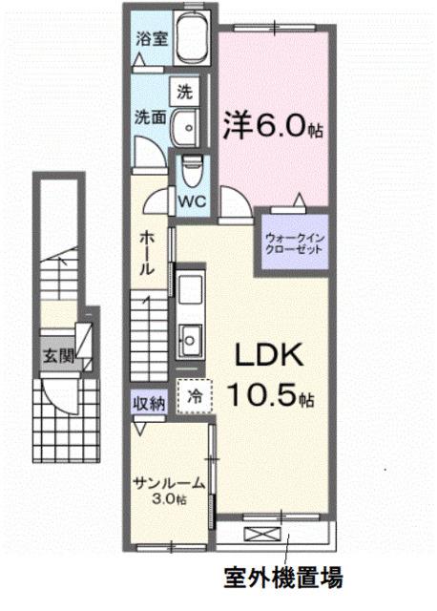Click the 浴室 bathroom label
tap(151, 42)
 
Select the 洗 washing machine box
tap(185, 93)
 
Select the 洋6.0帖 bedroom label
tap(274, 124)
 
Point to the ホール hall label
tap(148, 252)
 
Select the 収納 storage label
tap(150, 401)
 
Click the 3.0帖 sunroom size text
tap(168, 498)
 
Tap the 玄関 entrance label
tap(56, 355)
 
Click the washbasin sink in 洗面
tap(188, 124)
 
